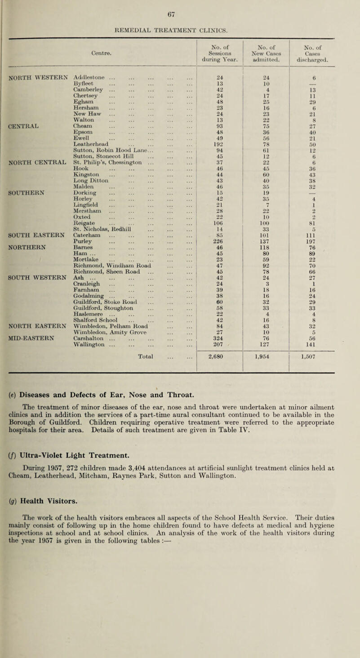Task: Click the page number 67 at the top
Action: (180, 6)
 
